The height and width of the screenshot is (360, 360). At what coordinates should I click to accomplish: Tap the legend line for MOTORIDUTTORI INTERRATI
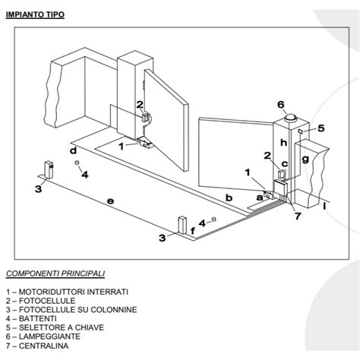click(67, 291)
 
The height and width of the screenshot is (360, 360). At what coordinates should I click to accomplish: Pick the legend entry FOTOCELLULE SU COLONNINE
click(71, 309)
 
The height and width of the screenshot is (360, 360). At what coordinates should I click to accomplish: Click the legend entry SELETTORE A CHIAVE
click(55, 327)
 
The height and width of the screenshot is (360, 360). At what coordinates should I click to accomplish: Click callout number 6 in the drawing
click(280, 105)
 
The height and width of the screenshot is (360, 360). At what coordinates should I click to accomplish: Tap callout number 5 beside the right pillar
click(321, 128)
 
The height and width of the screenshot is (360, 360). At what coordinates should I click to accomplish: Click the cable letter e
click(110, 201)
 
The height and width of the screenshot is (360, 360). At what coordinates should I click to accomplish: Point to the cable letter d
click(73, 151)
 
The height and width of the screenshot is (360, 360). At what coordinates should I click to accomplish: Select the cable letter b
click(229, 198)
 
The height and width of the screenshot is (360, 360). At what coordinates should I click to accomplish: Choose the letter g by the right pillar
click(305, 160)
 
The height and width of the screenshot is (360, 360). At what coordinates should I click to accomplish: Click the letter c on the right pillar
click(285, 165)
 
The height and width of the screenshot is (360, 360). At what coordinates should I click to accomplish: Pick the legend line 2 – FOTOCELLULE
click(49, 300)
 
